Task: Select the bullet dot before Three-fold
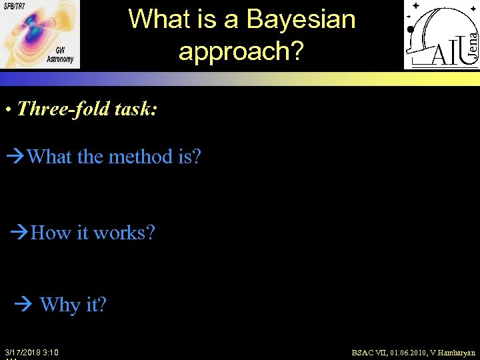pyautogui.click(x=7, y=109)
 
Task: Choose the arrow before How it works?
pyautogui.click(x=21, y=233)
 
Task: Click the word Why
pyautogui.click(x=59, y=305)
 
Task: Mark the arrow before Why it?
pyautogui.click(x=24, y=305)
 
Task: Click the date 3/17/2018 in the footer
pyautogui.click(x=25, y=352)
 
